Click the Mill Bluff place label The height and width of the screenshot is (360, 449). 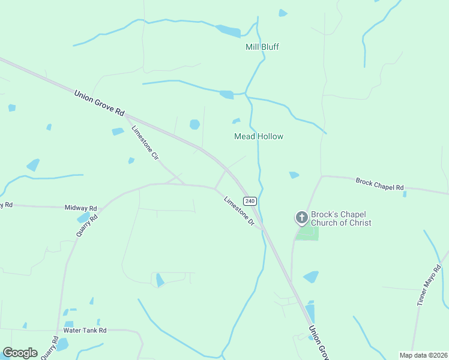[262, 47]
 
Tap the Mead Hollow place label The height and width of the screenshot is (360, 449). [258, 136]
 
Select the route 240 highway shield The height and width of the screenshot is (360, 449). [250, 200]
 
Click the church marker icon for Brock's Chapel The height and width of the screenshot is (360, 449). [301, 218]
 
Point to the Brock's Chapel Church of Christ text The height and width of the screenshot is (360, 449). [340, 219]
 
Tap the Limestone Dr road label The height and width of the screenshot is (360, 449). [240, 211]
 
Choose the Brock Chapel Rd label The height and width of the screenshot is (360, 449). [379, 184]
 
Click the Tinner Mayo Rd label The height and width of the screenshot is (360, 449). [429, 286]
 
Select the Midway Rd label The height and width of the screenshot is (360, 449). [80, 208]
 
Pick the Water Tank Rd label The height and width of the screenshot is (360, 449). [85, 331]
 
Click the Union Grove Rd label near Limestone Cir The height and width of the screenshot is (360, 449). [99, 103]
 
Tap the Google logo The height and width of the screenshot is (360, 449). [20, 353]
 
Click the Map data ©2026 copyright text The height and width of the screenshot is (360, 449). [423, 355]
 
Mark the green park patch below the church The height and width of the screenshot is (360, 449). [307, 233]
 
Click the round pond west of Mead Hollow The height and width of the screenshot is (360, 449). [194, 124]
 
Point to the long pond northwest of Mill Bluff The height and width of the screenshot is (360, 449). [228, 31]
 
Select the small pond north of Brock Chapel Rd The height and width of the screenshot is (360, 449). [294, 175]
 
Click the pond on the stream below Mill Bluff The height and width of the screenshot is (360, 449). [227, 94]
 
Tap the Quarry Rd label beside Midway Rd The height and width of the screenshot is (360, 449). [87, 223]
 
